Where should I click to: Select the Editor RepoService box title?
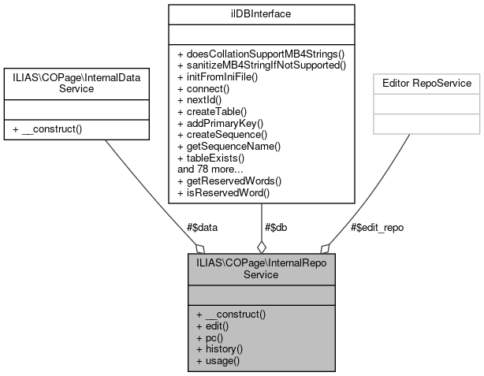[x=426, y=83]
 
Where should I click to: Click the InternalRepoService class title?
[x=261, y=269]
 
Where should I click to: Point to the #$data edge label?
[x=202, y=227]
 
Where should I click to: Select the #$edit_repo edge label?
[x=377, y=227]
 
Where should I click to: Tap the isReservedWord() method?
[x=218, y=192]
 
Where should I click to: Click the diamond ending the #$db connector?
[x=261, y=248]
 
